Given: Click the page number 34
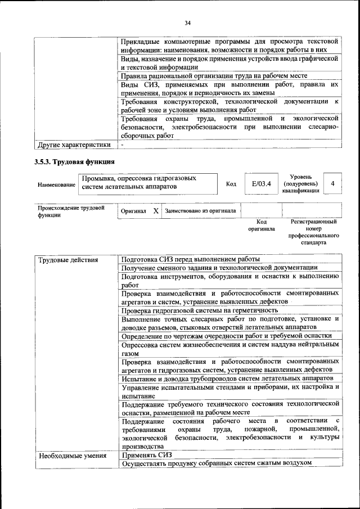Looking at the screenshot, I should pos(188,22).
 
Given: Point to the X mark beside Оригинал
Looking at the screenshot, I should pos(156,211).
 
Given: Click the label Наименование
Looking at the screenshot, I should pos(56,184).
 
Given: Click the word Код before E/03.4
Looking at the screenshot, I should pos(231,184).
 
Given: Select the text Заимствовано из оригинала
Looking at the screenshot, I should pos(200,211).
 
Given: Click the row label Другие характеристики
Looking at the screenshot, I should pos(73,145).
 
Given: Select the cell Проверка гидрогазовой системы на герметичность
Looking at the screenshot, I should pos(199,310).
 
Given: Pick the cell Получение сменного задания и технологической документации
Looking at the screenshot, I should pos(219,268).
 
